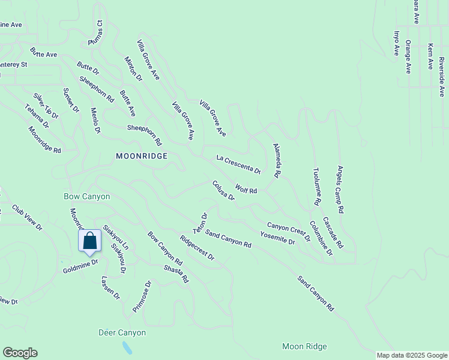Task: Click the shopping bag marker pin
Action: [89, 241]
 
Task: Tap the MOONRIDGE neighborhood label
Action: [141, 155]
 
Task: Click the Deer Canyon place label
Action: [122, 332]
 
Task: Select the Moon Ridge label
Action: [304, 347]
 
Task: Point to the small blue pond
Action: [126, 347]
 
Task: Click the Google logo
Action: [19, 353]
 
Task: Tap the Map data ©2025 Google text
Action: [411, 355]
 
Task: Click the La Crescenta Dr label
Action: [238, 164]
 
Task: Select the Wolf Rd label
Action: [246, 189]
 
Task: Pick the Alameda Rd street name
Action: [277, 160]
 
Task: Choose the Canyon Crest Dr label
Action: [288, 231]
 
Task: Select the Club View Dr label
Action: [28, 217]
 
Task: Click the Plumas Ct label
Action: [96, 33]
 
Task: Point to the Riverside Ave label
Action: [441, 76]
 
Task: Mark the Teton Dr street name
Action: [200, 223]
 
